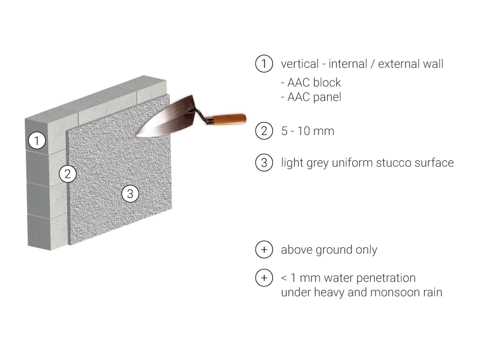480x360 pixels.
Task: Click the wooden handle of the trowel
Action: pyautogui.click(x=229, y=119)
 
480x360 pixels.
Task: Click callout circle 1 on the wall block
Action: pyautogui.click(x=37, y=140)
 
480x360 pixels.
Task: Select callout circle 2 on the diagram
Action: pyautogui.click(x=68, y=174)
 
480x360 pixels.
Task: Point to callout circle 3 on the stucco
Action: pyautogui.click(x=130, y=194)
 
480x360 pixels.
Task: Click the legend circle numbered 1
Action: pyautogui.click(x=264, y=64)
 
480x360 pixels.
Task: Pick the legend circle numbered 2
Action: pyautogui.click(x=264, y=131)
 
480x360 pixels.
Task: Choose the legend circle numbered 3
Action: pyautogui.click(x=264, y=163)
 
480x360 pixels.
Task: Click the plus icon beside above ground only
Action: pyautogui.click(x=264, y=250)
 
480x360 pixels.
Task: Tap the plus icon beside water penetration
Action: pyautogui.click(x=264, y=278)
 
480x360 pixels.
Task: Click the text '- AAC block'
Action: pyautogui.click(x=311, y=82)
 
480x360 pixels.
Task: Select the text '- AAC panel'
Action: pyautogui.click(x=311, y=97)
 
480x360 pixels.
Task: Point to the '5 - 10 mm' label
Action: pyautogui.click(x=308, y=131)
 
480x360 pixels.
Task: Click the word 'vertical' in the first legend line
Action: pyautogui.click(x=300, y=64)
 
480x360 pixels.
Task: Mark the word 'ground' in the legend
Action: pyautogui.click(x=334, y=250)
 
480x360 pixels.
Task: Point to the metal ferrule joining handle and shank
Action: pyautogui.click(x=209, y=120)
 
